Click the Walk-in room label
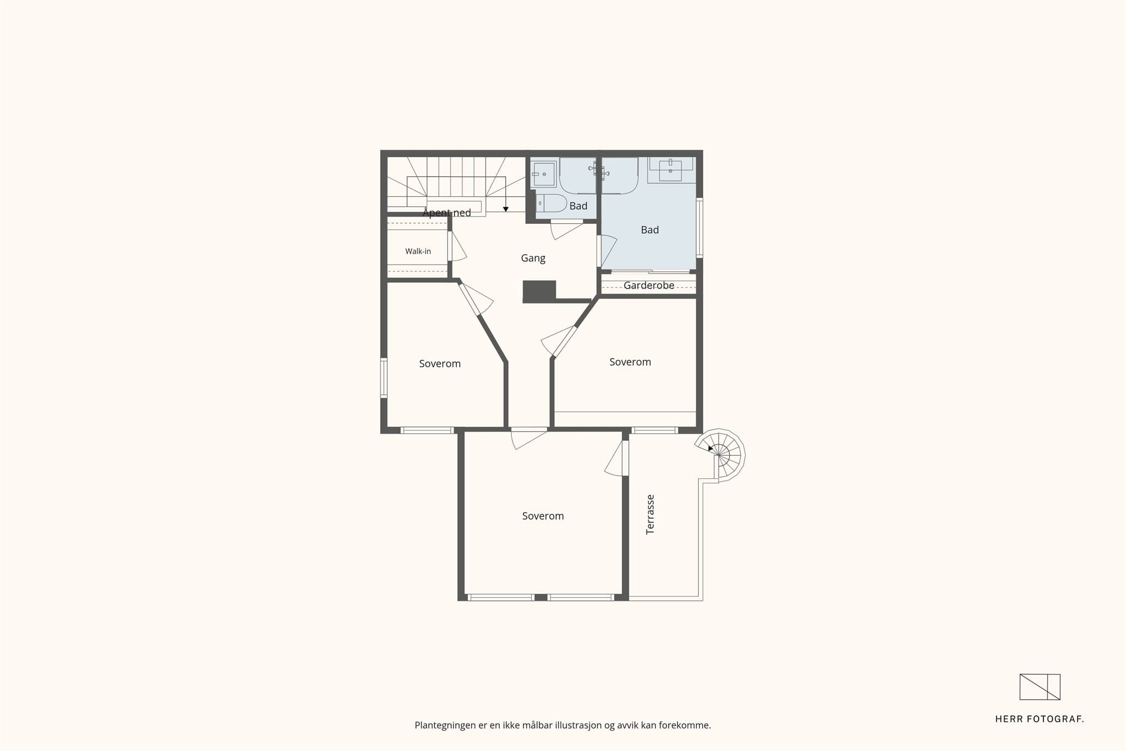coord(418,251)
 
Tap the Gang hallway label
coord(533,258)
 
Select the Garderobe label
coord(649,285)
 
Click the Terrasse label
coord(650,515)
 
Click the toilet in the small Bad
coord(551,203)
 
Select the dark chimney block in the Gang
coord(539,291)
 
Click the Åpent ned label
coord(447,213)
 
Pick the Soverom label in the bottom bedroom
coord(543,516)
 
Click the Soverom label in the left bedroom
coord(440,363)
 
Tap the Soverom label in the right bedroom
coord(630,362)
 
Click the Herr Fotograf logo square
coord(1040,687)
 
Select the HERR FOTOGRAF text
coord(1040,719)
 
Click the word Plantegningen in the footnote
coord(445,726)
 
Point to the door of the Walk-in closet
coord(457,246)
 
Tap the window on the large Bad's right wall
coord(699,228)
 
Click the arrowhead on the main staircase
coord(506,209)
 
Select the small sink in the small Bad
coord(544,174)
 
